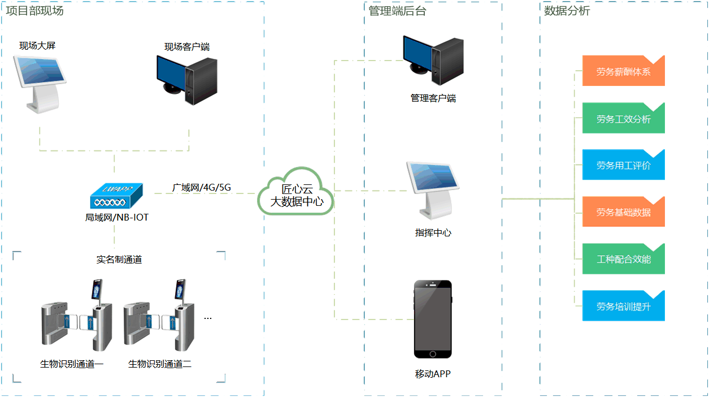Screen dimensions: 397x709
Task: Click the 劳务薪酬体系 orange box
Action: click(623, 72)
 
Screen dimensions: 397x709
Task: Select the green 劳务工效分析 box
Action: click(623, 119)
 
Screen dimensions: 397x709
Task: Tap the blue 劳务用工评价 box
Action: click(623, 166)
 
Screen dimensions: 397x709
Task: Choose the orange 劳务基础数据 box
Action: click(623, 212)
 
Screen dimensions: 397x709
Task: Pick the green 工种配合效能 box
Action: click(623, 259)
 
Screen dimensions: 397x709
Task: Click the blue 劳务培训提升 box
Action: click(623, 306)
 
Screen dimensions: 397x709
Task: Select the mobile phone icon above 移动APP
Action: click(433, 319)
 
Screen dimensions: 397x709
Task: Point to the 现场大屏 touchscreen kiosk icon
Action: click(41, 82)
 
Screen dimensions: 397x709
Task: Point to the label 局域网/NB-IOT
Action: click(116, 217)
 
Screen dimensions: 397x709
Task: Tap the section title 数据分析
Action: click(567, 11)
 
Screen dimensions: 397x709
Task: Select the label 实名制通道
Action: click(119, 260)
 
